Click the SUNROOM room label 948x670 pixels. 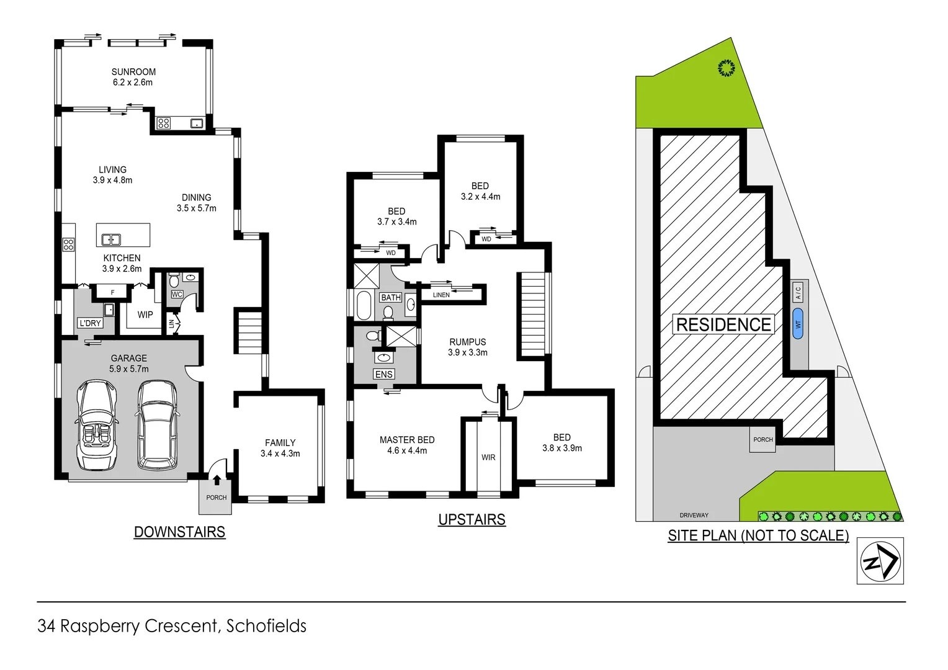tap(133, 72)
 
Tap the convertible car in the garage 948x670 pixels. tap(96, 425)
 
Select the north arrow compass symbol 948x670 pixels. tap(880, 561)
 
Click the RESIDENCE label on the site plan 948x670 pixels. tap(723, 324)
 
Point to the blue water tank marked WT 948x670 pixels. tap(798, 323)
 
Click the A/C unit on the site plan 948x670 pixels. tap(798, 291)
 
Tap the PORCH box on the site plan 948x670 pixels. tap(762, 439)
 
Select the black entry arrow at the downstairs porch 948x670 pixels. tap(217, 479)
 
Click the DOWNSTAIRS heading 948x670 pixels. tap(179, 532)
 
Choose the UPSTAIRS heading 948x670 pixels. tap(472, 519)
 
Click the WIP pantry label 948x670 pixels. tap(145, 315)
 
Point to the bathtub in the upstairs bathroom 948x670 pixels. tap(364, 305)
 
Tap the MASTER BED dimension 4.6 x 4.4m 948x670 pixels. tap(407, 450)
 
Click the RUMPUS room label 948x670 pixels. tap(467, 342)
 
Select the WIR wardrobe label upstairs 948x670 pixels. tap(488, 457)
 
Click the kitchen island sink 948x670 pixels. tap(111, 239)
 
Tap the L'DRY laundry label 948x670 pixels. tap(90, 323)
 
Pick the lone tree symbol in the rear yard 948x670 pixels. tap(726, 68)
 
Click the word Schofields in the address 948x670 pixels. tap(266, 626)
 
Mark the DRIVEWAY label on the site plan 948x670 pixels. tap(694, 515)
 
